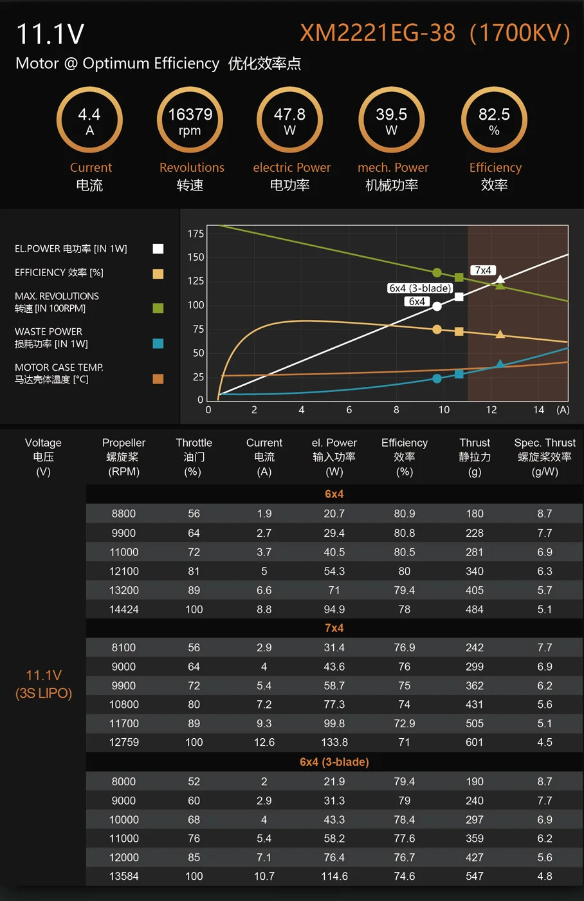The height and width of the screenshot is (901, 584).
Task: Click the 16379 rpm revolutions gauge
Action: click(190, 121)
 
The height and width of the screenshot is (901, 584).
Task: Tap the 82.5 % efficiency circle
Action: click(494, 121)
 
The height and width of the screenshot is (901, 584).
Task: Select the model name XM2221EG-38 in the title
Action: click(378, 33)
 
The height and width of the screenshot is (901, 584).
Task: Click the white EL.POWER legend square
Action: click(158, 249)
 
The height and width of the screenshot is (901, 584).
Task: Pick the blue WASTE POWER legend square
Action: click(158, 344)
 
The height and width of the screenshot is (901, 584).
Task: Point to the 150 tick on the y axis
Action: click(196, 257)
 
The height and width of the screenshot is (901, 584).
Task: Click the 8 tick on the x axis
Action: click(396, 410)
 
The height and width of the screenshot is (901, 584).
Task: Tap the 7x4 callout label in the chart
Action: click(482, 270)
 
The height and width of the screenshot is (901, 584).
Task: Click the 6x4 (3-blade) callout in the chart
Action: click(419, 288)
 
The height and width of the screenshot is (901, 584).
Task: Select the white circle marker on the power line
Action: click(437, 306)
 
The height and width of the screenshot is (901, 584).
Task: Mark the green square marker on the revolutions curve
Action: click(459, 277)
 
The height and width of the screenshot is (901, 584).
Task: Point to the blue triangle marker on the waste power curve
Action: click(500, 365)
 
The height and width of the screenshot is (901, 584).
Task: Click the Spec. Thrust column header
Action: click(545, 457)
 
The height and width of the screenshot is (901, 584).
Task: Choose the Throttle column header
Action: click(194, 457)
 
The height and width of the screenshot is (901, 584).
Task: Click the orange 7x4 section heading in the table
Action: click(334, 628)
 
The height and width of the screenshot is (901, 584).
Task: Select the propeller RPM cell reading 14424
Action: click(123, 609)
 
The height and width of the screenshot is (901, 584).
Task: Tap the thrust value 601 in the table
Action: click(475, 742)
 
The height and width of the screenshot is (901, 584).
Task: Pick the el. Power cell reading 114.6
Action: click(334, 877)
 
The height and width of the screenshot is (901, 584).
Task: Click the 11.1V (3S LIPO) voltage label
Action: click(44, 684)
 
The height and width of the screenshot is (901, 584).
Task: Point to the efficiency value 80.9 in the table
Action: click(404, 514)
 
